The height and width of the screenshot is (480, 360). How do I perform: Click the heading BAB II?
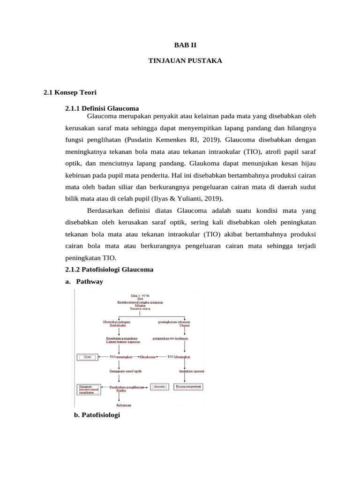[180, 46]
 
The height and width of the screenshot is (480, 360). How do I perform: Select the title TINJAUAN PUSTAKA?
[180, 61]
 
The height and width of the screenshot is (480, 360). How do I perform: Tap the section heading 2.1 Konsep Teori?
[70, 93]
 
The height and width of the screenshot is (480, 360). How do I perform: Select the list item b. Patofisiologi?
[97, 415]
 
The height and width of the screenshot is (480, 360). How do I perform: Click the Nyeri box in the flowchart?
[87, 357]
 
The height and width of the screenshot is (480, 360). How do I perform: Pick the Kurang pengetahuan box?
[188, 387]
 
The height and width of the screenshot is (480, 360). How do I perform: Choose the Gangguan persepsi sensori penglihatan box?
[88, 389]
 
